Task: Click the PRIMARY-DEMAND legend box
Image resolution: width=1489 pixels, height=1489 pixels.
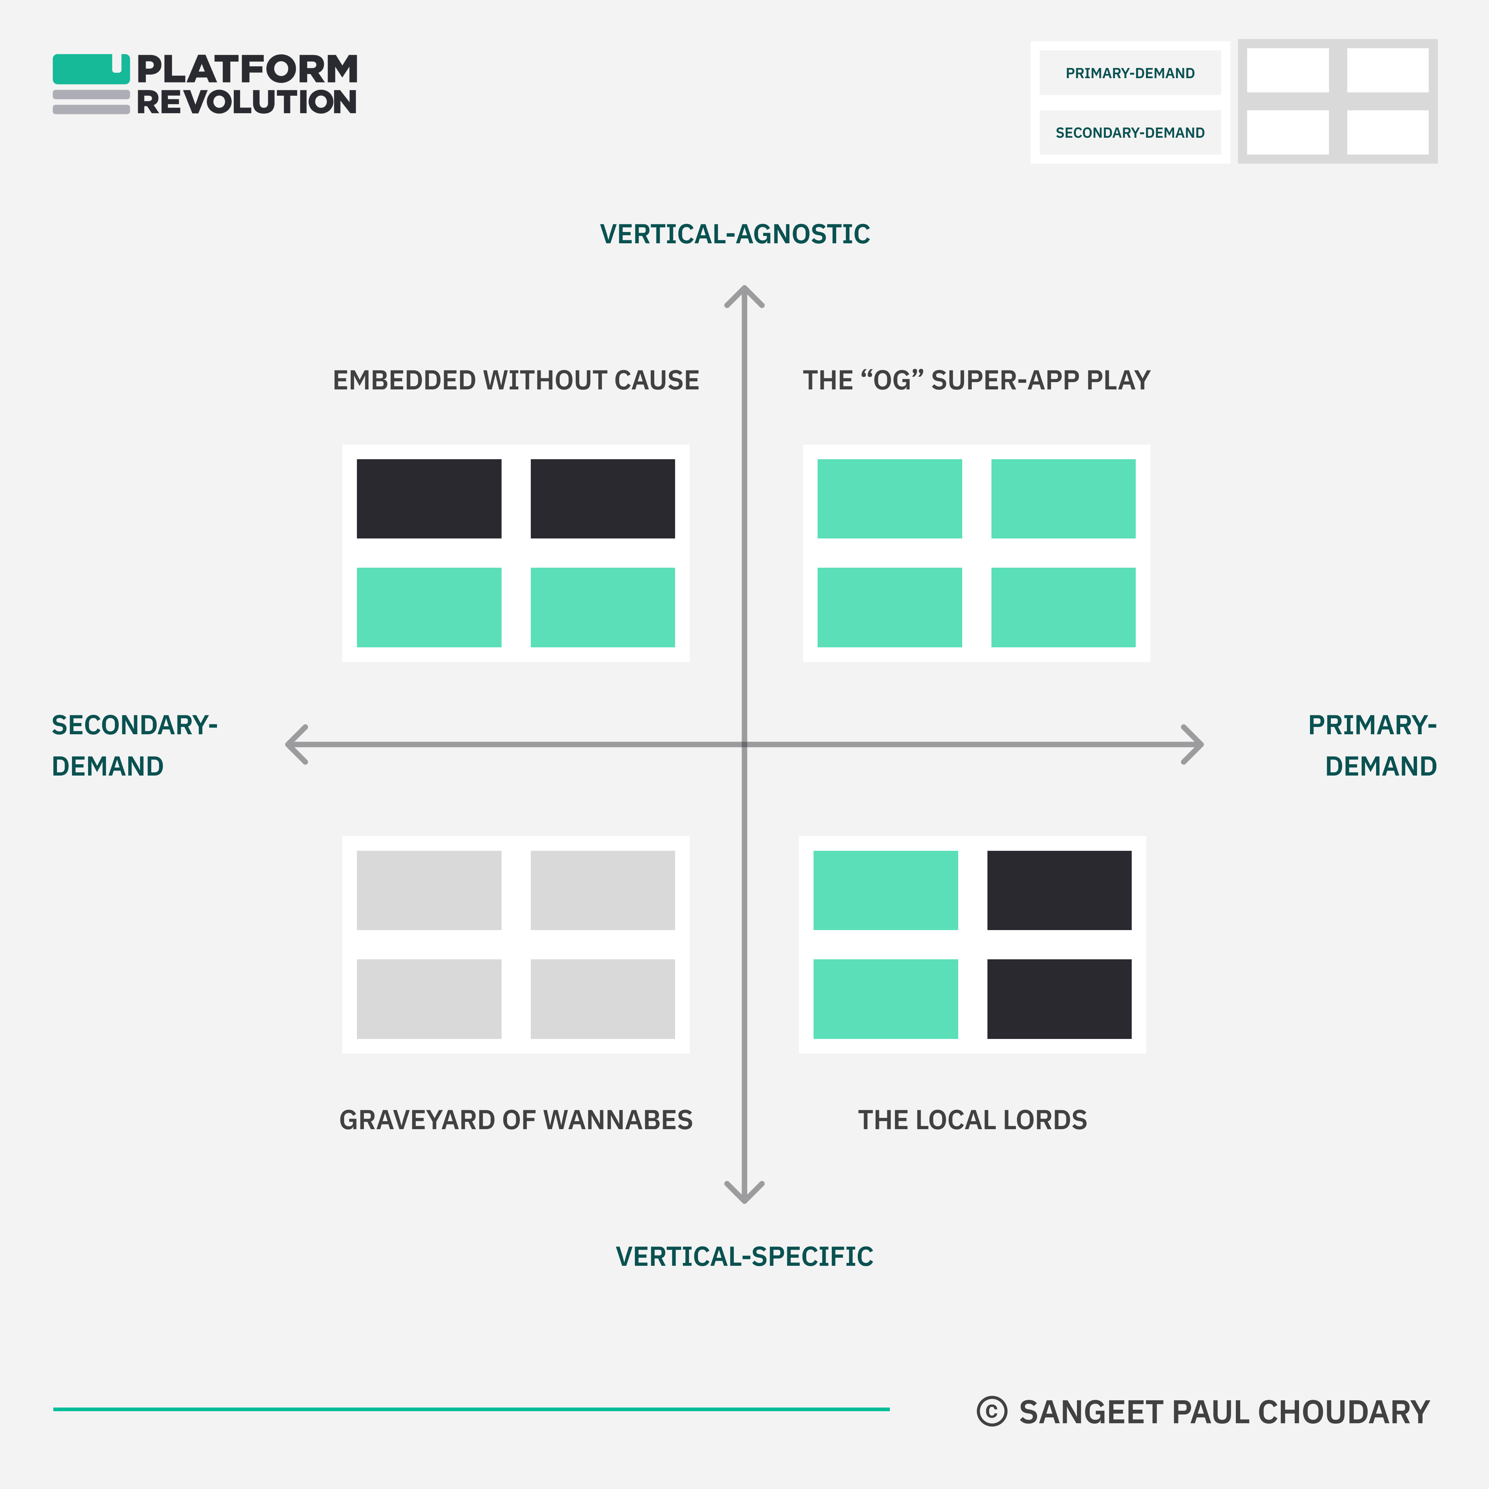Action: click(1130, 73)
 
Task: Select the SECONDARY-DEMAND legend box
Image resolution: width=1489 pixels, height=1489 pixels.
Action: click(1130, 133)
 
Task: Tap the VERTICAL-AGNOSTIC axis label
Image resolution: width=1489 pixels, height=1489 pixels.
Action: click(735, 234)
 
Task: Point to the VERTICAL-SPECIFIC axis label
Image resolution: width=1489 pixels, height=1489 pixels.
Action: click(744, 1256)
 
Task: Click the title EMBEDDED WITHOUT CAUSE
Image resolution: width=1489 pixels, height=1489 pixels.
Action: click(515, 381)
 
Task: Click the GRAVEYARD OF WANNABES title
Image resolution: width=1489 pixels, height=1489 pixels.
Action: click(515, 1120)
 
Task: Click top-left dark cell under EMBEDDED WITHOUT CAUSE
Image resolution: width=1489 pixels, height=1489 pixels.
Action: click(429, 499)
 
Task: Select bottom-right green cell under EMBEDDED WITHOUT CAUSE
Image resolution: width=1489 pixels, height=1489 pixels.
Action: click(603, 607)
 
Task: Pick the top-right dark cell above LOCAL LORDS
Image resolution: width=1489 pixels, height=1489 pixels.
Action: click(1059, 890)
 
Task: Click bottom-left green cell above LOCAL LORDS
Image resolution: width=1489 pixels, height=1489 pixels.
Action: click(886, 999)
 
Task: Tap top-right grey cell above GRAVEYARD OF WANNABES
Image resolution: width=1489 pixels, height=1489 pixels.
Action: click(603, 890)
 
